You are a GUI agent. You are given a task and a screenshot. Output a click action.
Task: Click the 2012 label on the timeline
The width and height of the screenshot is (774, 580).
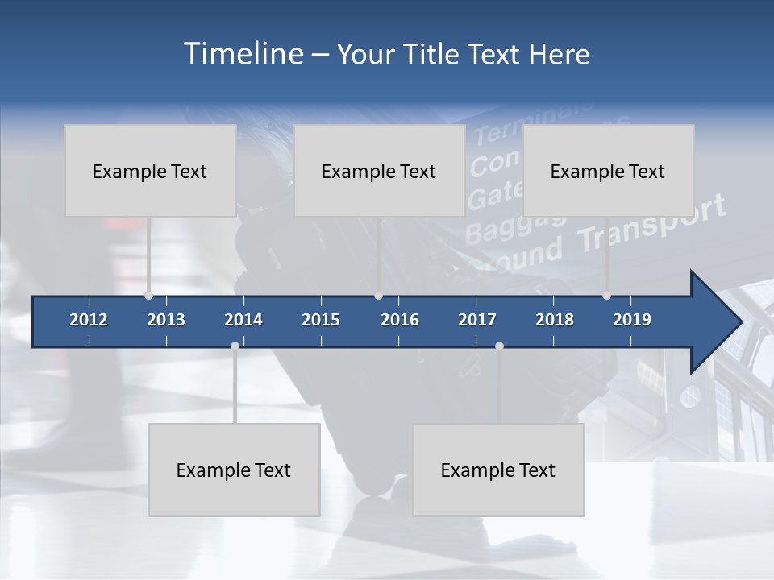pyautogui.click(x=89, y=320)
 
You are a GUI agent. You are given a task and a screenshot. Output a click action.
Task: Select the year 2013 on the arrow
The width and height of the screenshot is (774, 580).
pyautogui.click(x=166, y=320)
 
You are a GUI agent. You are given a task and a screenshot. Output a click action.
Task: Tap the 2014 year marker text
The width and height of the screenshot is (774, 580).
pyautogui.click(x=243, y=320)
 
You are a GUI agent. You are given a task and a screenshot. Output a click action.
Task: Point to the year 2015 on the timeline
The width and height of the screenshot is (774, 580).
pyautogui.click(x=321, y=320)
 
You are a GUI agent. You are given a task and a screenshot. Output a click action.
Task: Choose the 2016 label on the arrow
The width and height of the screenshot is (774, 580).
pyautogui.click(x=400, y=320)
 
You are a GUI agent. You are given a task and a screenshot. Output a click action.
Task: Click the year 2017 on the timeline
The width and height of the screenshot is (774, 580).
pyautogui.click(x=477, y=320)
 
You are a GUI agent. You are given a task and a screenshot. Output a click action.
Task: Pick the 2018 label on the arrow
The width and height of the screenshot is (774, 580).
pyautogui.click(x=555, y=320)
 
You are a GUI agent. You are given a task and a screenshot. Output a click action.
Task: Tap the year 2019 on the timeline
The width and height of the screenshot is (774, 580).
pyautogui.click(x=632, y=320)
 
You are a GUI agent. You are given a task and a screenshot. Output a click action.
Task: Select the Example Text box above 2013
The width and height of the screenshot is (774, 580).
pyautogui.click(x=150, y=171)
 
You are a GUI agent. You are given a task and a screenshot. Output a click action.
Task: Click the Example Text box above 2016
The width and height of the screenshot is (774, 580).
pyautogui.click(x=379, y=171)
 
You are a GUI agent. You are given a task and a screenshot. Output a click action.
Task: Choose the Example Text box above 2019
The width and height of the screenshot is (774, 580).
pyautogui.click(x=608, y=171)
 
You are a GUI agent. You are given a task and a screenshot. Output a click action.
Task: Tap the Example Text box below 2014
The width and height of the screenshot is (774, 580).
pyautogui.click(x=234, y=470)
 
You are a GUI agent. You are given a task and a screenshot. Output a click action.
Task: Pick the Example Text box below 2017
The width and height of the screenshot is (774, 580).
pyautogui.click(x=498, y=470)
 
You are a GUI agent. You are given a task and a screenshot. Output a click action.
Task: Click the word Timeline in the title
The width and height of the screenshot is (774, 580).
pyautogui.click(x=242, y=54)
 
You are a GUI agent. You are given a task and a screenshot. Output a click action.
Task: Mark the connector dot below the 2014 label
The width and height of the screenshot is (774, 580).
pyautogui.click(x=235, y=346)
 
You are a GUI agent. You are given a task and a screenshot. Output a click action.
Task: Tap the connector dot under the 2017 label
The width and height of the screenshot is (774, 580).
pyautogui.click(x=499, y=346)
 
